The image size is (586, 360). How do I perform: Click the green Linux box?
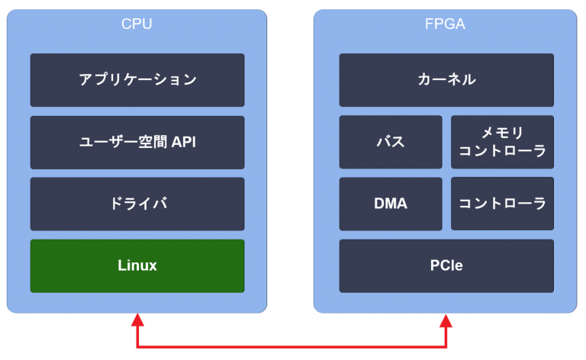pos(137,265)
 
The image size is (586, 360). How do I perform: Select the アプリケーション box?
pos(137,79)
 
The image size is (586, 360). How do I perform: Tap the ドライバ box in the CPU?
pos(137,204)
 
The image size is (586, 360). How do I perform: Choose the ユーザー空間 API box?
pos(137,142)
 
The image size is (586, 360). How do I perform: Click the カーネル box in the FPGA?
pos(446,79)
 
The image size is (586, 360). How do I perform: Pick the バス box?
pos(391,142)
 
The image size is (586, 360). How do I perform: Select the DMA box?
pos(391,204)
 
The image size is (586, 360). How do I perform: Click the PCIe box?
pos(446,265)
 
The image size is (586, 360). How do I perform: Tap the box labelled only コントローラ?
pos(502,204)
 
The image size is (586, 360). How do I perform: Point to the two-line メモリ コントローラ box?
pos(502,142)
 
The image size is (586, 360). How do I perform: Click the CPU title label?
pos(137,24)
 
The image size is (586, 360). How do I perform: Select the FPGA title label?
pos(446,24)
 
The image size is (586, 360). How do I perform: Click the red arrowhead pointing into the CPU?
pos(138,320)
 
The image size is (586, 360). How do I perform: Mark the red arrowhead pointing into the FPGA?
pos(446,320)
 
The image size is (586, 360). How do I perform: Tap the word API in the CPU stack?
pos(184,142)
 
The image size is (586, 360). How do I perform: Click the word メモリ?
pos(502,133)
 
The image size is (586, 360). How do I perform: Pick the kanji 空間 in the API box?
pos(153,142)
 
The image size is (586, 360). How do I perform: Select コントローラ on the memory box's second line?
pos(502,151)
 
